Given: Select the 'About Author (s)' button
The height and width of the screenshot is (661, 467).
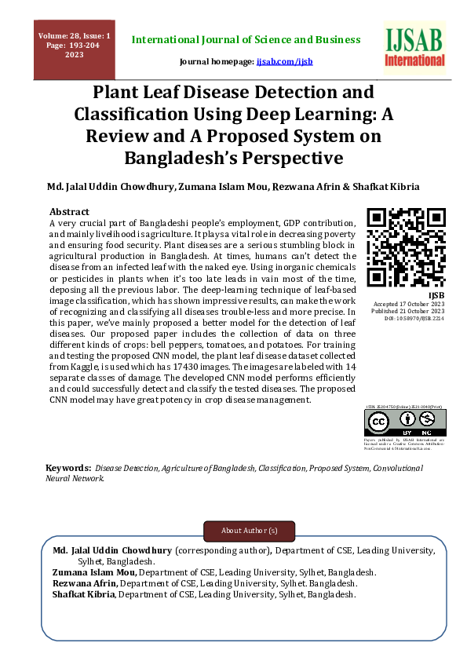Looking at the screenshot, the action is pos(250,531).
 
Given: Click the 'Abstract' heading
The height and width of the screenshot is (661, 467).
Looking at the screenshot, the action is pos(69,212).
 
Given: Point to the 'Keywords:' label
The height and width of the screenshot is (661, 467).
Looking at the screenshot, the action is pos(67,468).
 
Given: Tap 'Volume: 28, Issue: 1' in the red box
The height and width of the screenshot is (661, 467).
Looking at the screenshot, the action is pos(75,36).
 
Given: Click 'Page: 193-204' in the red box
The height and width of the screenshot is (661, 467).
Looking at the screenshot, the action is pos(75,46).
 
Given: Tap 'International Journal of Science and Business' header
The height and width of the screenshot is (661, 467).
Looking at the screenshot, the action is pos(246,39).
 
